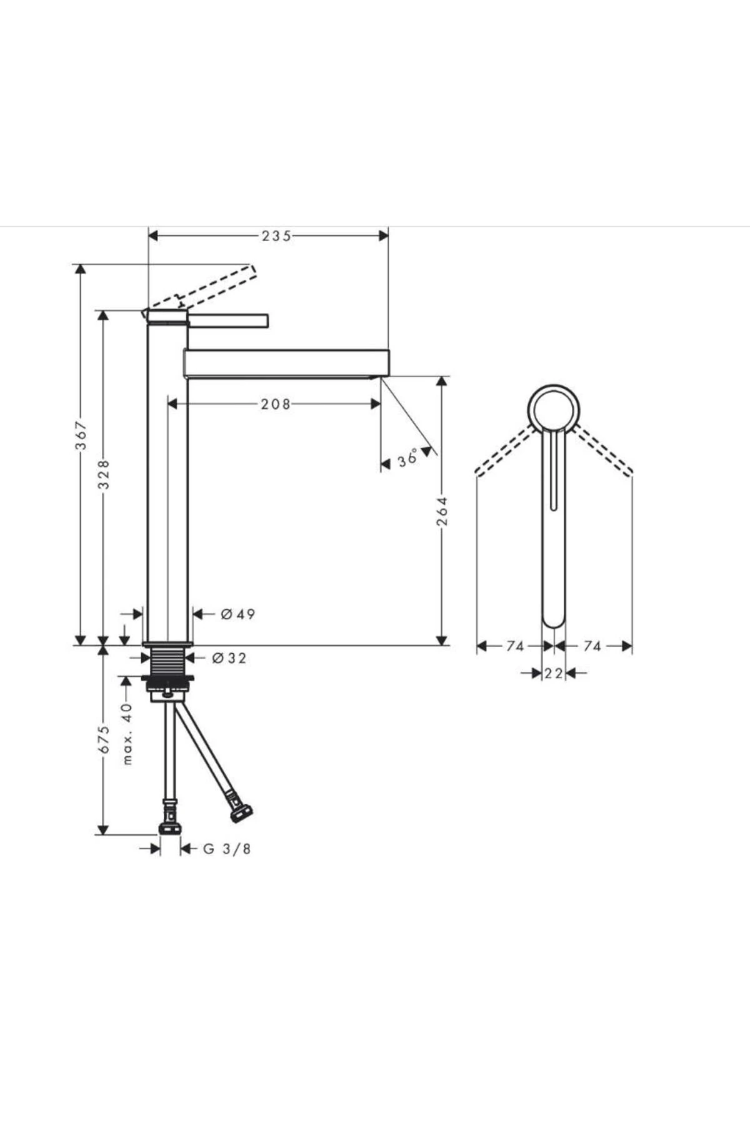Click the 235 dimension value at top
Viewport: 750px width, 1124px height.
pyautogui.click(x=276, y=235)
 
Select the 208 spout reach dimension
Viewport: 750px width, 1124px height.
pyautogui.click(x=276, y=404)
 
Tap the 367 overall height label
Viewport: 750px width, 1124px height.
pyautogui.click(x=81, y=435)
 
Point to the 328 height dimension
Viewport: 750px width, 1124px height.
pyautogui.click(x=104, y=475)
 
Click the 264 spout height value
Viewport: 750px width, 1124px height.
pyautogui.click(x=442, y=511)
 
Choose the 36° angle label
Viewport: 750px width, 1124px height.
pyautogui.click(x=407, y=460)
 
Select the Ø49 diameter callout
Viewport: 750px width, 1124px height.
pyautogui.click(x=238, y=614)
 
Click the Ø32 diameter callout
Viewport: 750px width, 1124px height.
pyautogui.click(x=229, y=658)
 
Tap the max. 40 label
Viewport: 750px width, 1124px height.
pyautogui.click(x=127, y=733)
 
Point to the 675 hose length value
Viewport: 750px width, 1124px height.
pyautogui.click(x=104, y=739)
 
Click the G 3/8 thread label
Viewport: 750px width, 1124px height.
pyautogui.click(x=227, y=849)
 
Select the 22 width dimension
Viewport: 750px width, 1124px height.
pyautogui.click(x=554, y=673)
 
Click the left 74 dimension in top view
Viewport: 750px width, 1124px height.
pyautogui.click(x=515, y=646)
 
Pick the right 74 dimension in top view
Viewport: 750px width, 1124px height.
pyautogui.click(x=592, y=646)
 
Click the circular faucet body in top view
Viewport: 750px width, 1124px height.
pyautogui.click(x=554, y=410)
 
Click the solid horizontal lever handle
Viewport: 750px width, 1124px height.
pyautogui.click(x=228, y=320)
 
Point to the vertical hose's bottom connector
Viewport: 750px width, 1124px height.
pyautogui.click(x=170, y=827)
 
